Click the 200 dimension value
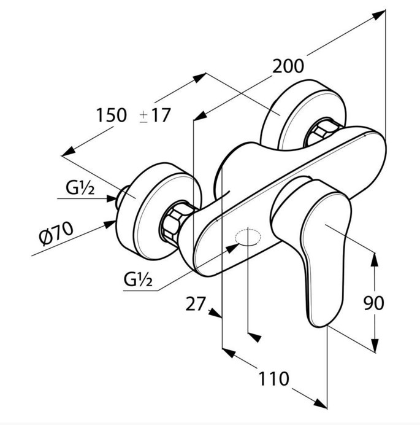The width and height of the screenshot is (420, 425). (288, 66)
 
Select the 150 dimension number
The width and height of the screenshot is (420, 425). (112, 115)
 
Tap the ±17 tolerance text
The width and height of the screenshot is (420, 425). (155, 115)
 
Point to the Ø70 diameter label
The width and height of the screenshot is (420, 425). (56, 233)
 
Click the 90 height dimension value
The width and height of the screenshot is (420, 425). (373, 303)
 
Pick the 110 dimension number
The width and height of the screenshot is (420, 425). (274, 379)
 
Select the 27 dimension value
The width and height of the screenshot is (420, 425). (196, 303)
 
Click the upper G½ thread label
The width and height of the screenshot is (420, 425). (80, 187)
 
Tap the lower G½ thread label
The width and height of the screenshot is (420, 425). (138, 279)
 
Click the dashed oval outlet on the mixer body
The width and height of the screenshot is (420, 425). (248, 237)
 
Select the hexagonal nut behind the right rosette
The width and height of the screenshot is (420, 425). (319, 133)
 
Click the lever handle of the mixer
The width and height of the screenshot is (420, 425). (314, 244)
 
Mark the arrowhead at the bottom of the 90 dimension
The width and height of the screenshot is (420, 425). (375, 345)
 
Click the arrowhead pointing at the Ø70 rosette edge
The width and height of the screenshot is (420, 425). (110, 224)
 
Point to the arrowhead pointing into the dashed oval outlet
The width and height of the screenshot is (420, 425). (232, 248)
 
